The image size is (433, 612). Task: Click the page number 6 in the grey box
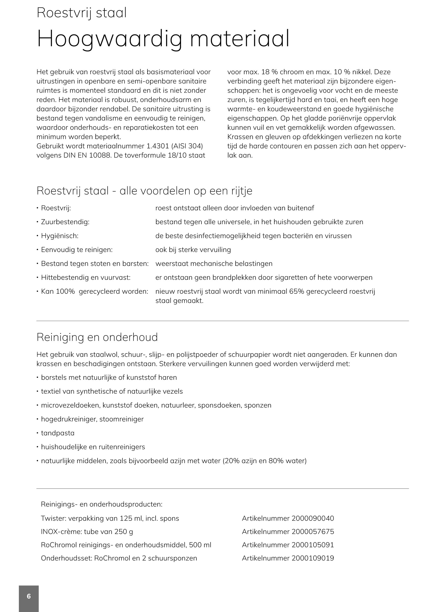click(x=29, y=596)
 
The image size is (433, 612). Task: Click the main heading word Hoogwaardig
click(x=110, y=39)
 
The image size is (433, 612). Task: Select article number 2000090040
click(x=313, y=518)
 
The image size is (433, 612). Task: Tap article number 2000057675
click(x=313, y=532)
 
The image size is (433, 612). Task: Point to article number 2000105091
click(x=313, y=545)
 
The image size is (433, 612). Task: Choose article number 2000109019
click(x=313, y=558)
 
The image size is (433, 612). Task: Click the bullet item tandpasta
click(x=58, y=433)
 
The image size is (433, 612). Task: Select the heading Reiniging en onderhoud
click(x=97, y=337)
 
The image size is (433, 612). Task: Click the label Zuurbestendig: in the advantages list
click(x=65, y=222)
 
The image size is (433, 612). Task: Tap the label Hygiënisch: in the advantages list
click(x=59, y=236)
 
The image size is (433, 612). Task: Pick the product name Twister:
click(x=53, y=518)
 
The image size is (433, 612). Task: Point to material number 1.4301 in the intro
click(x=158, y=146)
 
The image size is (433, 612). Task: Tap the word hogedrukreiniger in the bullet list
click(x=69, y=419)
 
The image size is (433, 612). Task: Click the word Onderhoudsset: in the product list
click(x=66, y=558)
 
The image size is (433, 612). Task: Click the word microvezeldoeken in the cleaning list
click(x=70, y=405)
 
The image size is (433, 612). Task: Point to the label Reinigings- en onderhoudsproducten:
click(x=102, y=504)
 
